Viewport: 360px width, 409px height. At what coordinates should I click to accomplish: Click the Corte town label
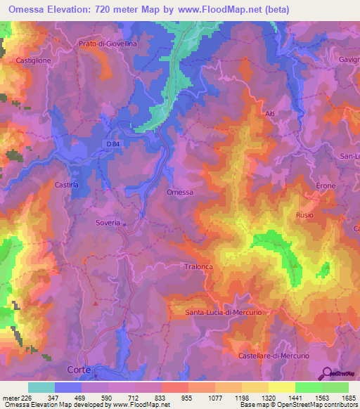79,369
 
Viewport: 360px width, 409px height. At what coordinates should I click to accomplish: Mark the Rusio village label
304,215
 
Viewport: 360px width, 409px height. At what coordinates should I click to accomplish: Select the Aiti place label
270,112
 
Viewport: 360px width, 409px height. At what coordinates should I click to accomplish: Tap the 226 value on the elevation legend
22,397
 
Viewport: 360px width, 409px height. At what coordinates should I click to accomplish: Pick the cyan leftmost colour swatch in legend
41,387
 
